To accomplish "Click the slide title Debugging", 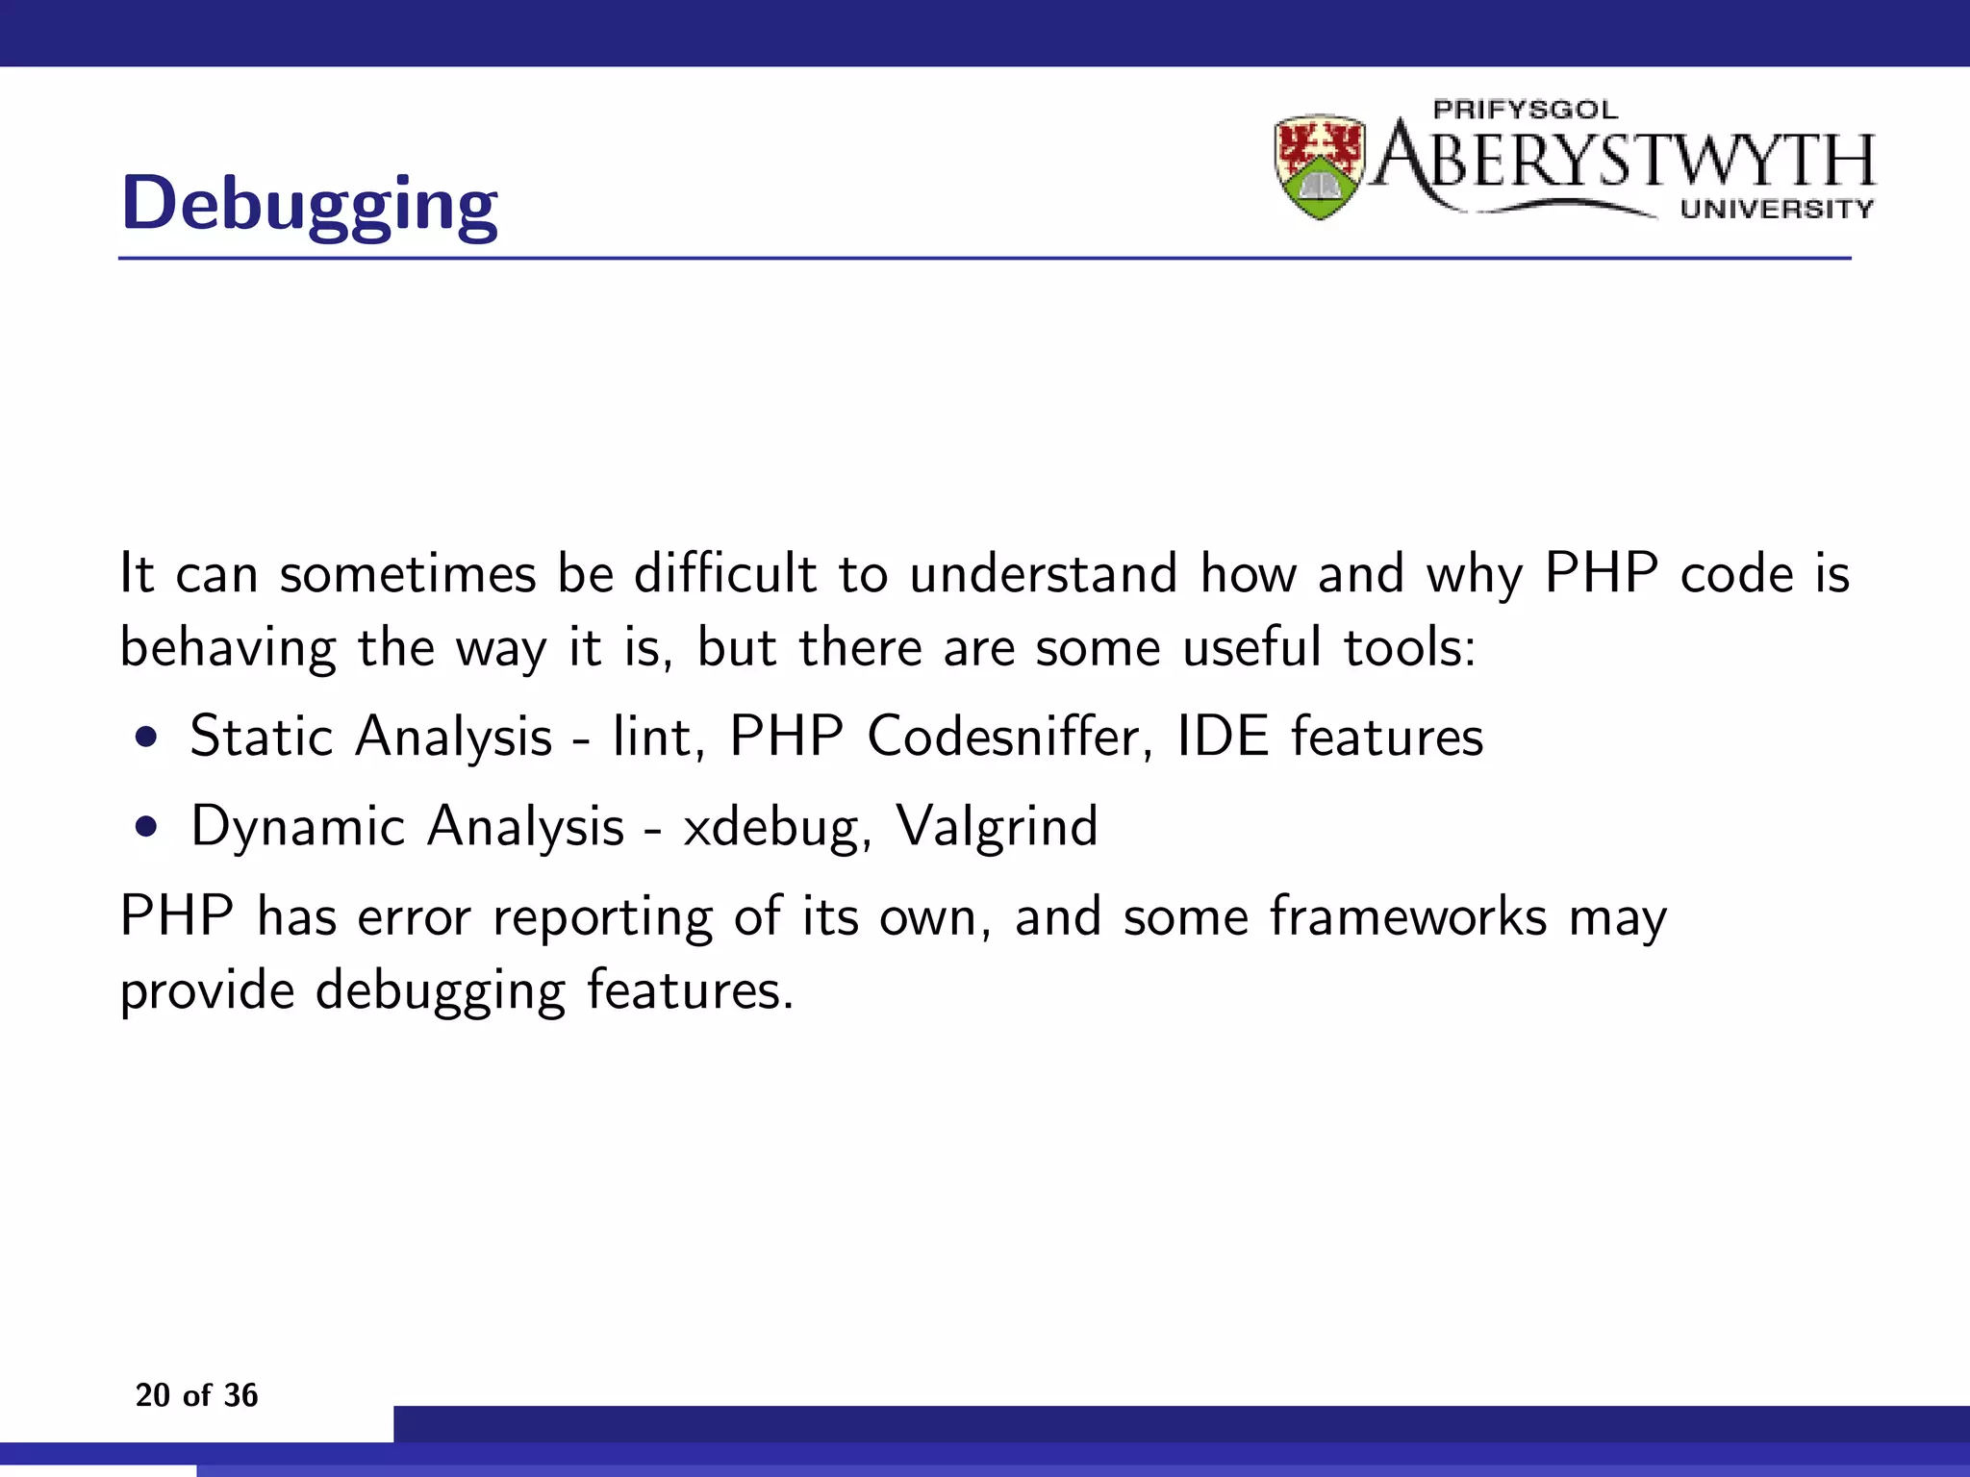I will (x=310, y=204).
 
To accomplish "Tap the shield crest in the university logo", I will (x=1320, y=166).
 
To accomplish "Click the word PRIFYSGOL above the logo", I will (x=1526, y=110).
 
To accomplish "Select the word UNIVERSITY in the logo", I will (x=1777, y=209).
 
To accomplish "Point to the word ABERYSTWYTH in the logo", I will (x=1626, y=160).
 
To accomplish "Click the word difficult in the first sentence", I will (x=725, y=574).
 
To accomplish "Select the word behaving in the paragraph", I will (x=228, y=647).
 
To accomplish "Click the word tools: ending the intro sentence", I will (x=1409, y=647).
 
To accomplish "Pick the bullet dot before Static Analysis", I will (x=146, y=738).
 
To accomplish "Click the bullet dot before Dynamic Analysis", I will (x=146, y=828).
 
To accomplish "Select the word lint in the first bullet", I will (x=651, y=738).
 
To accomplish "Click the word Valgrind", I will (x=997, y=827).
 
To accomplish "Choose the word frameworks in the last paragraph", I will (x=1408, y=915).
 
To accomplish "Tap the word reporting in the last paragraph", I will (x=603, y=917).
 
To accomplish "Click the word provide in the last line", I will (x=207, y=990).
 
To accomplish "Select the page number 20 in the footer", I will (x=153, y=1395).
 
